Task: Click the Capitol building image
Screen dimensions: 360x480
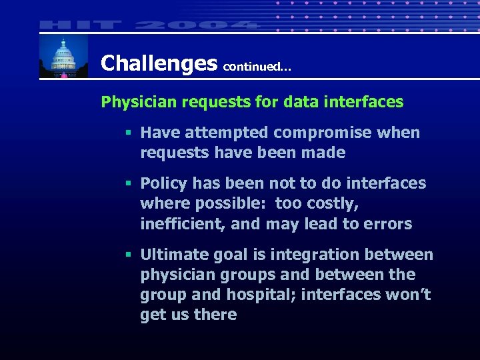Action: (64, 57)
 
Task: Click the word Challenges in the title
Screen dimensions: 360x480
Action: (159, 63)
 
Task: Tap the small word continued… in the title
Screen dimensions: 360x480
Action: (257, 67)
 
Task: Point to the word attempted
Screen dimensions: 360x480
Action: (216, 133)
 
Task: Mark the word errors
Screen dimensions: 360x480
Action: (387, 224)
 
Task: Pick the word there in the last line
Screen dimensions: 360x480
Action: (215, 315)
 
